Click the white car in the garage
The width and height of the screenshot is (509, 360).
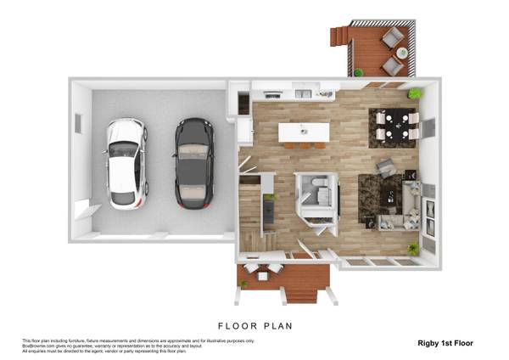coord(126,163)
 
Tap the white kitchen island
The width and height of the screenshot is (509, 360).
coord(304,132)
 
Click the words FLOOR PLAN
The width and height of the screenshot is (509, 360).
coord(255,325)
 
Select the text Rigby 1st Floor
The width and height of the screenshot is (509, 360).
coord(445,343)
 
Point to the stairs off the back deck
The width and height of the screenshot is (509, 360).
coord(339,36)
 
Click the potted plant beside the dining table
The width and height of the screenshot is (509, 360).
coord(416,93)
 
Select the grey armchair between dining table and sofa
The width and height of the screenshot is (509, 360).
coord(385,166)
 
